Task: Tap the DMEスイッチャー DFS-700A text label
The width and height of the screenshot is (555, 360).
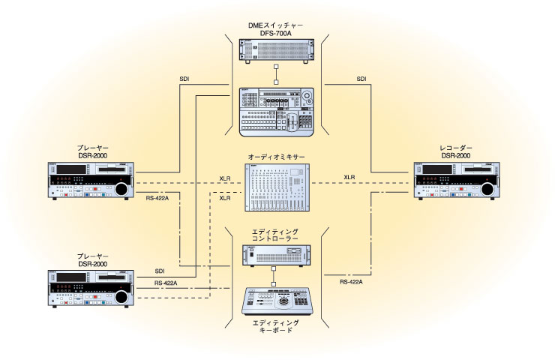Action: tap(275, 28)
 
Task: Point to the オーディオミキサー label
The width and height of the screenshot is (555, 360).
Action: tap(276, 158)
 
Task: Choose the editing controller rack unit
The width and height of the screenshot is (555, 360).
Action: tap(277, 254)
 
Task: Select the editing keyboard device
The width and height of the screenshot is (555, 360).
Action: tap(277, 301)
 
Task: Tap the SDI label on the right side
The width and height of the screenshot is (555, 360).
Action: tap(361, 79)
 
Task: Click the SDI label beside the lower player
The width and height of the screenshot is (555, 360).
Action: tap(159, 271)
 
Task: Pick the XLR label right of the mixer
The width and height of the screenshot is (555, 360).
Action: tap(349, 178)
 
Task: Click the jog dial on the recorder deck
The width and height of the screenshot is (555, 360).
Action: tap(486, 190)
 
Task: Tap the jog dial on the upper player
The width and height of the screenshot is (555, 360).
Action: tap(120, 190)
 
